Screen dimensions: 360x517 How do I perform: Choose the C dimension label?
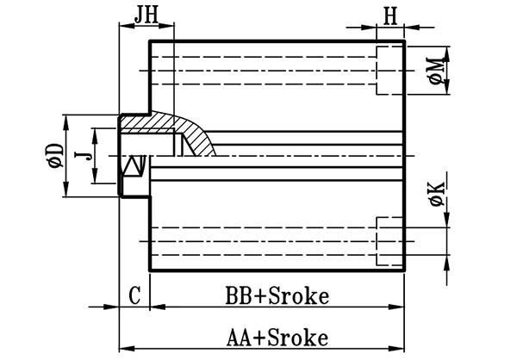(x=134, y=295)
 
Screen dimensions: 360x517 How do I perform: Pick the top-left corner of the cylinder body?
(x=152, y=40)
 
